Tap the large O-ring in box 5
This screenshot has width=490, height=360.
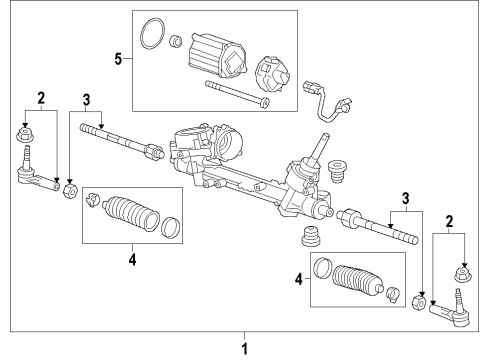click(151, 33)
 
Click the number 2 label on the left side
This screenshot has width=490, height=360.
click(41, 98)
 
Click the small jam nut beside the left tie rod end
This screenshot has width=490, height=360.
click(70, 189)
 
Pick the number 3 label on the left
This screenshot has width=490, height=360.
click(86, 98)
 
